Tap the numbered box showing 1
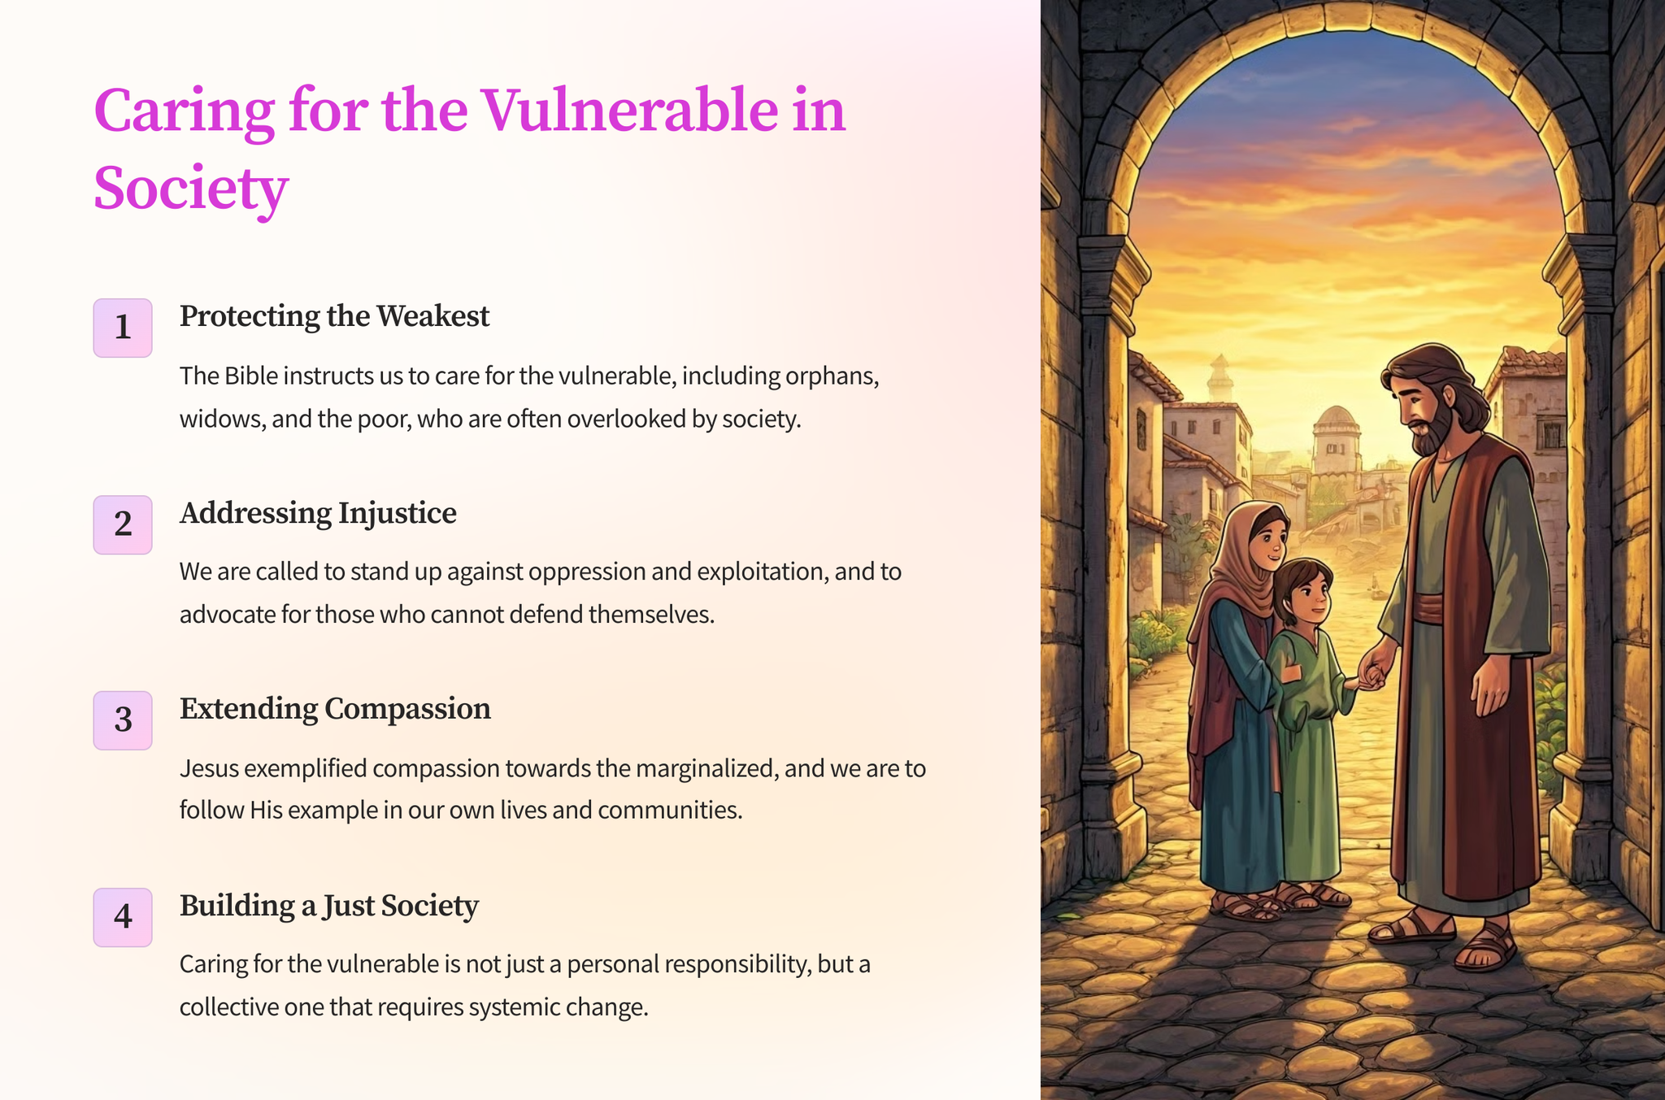123,328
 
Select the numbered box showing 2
123,524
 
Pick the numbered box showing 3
123,720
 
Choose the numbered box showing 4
123,917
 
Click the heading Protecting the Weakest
334,316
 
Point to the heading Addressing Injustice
318,513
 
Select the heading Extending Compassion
335,709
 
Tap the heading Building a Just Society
329,906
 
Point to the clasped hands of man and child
1372,674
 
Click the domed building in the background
1336,439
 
